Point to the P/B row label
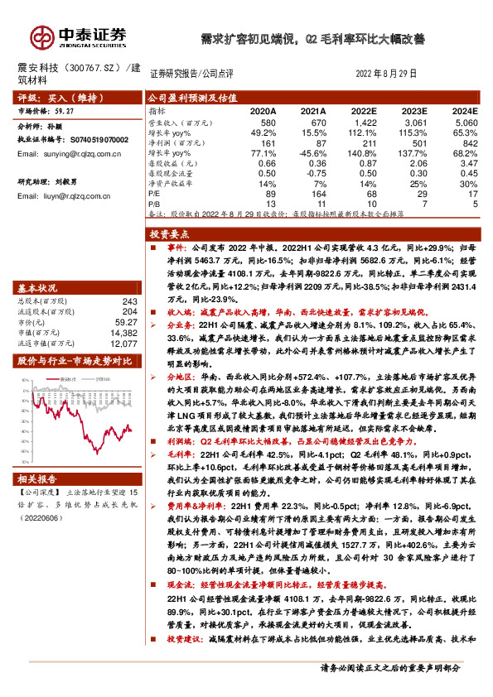click(x=156, y=202)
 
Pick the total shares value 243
click(x=128, y=301)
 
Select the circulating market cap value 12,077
click(x=123, y=342)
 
